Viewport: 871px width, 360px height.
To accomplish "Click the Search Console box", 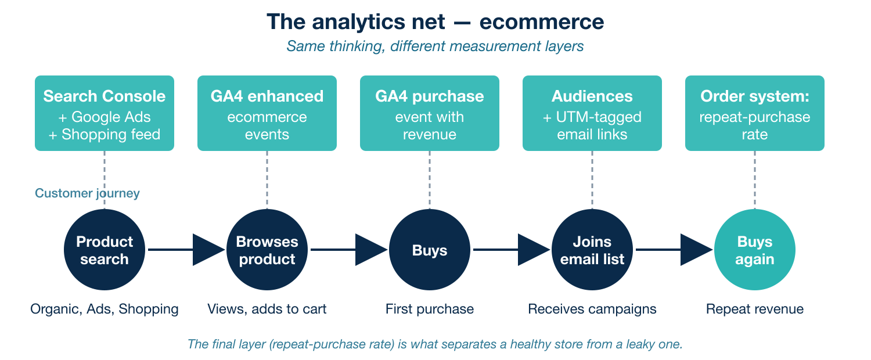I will point(105,113).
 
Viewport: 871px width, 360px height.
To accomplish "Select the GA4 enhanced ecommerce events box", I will point(267,113).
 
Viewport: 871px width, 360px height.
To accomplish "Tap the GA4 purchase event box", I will point(430,113).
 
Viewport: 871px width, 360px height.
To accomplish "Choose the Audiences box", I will point(592,113).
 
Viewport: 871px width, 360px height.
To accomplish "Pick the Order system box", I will point(755,113).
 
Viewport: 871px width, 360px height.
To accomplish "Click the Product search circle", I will point(105,250).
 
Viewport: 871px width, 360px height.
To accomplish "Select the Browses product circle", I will point(267,250).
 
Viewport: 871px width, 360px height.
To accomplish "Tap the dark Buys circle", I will point(430,250).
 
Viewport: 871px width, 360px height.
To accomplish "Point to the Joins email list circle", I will point(592,250).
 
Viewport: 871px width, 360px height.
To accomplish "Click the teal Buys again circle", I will point(755,250).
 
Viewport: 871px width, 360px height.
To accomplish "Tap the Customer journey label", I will point(87,193).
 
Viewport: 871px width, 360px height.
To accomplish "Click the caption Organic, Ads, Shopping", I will point(105,309).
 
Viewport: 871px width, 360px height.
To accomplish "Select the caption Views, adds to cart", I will point(267,309).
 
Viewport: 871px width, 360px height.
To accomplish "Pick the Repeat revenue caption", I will point(755,309).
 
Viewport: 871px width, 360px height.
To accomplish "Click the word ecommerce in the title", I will point(542,22).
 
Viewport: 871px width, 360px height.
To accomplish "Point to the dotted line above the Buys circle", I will point(430,179).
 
